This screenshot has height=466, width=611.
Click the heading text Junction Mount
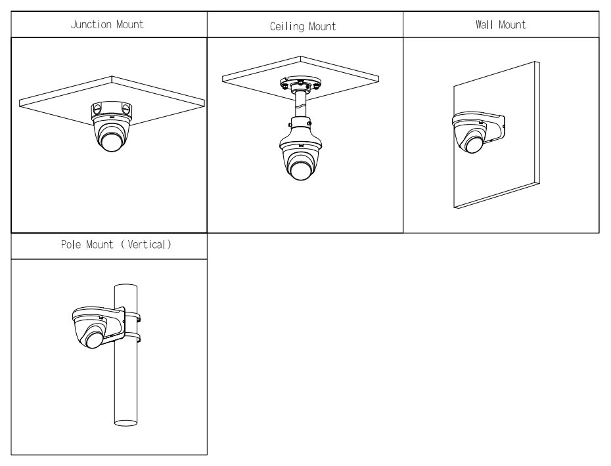click(107, 25)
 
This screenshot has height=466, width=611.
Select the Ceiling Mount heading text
click(303, 27)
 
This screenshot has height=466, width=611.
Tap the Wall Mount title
click(501, 25)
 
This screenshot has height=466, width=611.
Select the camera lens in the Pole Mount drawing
click(91, 339)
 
